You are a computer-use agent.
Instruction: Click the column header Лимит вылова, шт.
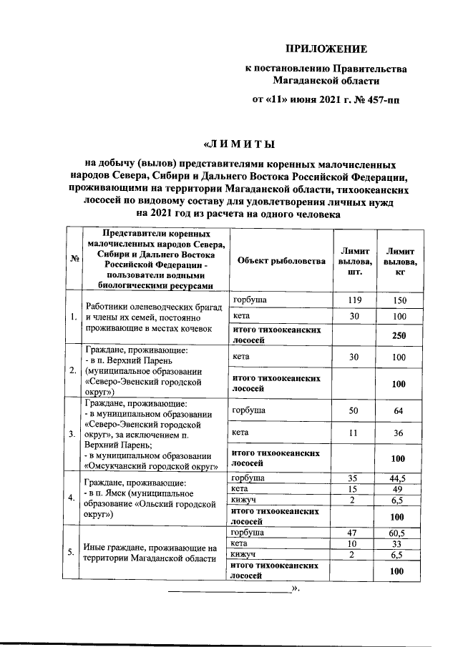pos(355,261)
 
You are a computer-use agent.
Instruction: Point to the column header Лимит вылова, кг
pos(399,261)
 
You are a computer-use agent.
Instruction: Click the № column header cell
pos(73,259)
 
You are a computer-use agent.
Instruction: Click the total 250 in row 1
pos(399,335)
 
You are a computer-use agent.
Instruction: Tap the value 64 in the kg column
pos(399,410)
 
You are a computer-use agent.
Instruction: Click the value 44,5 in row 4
pos(399,478)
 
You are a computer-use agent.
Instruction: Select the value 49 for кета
pos(399,489)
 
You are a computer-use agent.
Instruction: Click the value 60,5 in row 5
pos(399,533)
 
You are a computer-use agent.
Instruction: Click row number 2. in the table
pos(73,370)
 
